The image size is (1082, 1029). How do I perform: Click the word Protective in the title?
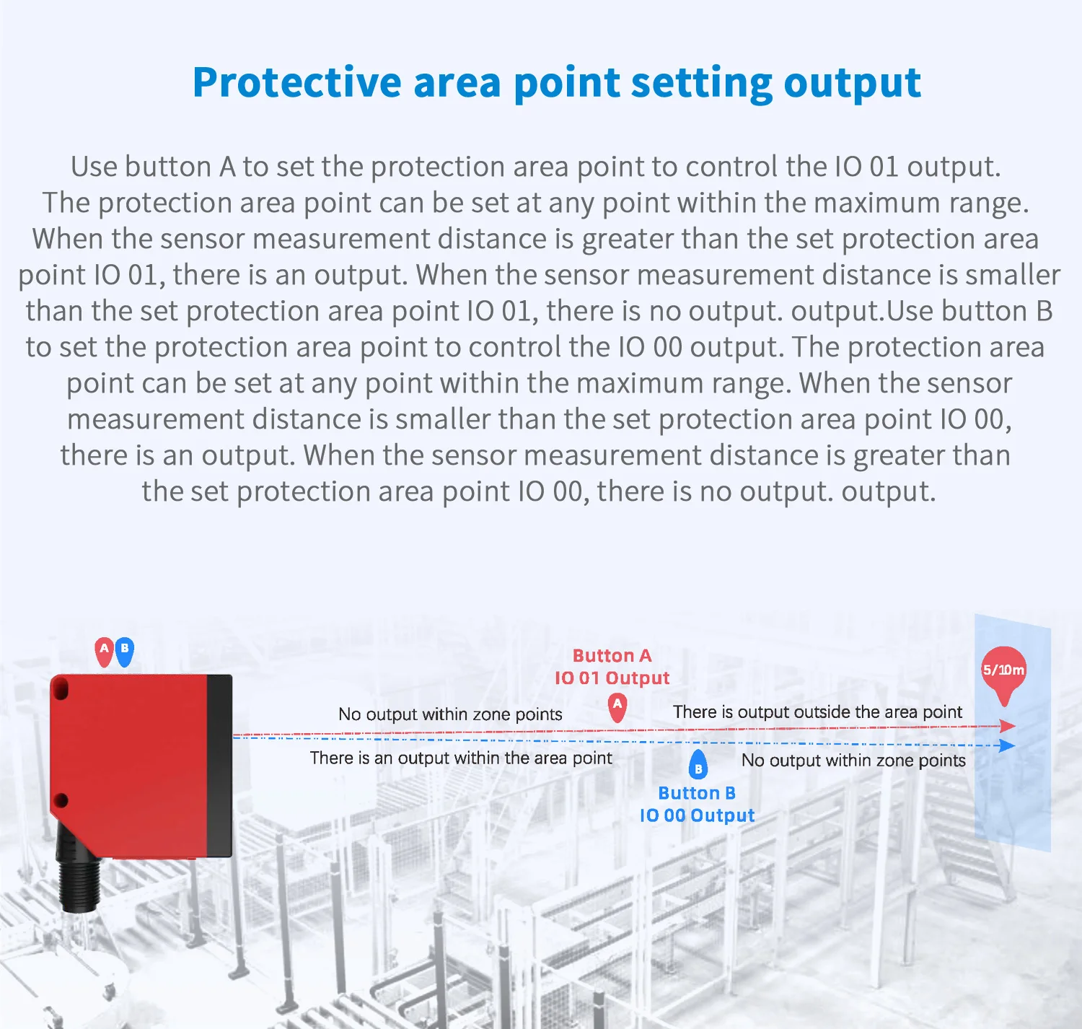[296, 83]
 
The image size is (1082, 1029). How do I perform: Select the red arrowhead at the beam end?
[1008, 726]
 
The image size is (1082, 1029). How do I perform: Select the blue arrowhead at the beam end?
[1007, 745]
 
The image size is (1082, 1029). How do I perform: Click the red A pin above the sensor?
[105, 650]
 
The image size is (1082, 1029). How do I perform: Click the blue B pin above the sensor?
[125, 650]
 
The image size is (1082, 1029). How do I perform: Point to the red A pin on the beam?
[617, 706]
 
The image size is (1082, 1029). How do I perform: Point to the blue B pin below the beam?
[698, 766]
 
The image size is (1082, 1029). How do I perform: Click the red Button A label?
[612, 656]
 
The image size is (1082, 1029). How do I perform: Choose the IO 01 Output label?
[612, 678]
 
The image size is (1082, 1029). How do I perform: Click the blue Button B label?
[697, 793]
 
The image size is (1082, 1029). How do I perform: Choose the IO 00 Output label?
[697, 815]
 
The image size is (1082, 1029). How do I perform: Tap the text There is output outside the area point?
[817, 712]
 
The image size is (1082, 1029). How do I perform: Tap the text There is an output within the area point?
[461, 758]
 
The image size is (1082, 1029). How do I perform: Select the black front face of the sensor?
[219, 765]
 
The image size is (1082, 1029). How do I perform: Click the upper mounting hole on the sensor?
[61, 691]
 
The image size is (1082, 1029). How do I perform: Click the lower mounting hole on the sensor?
[61, 800]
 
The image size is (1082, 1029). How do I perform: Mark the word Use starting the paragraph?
[94, 167]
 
